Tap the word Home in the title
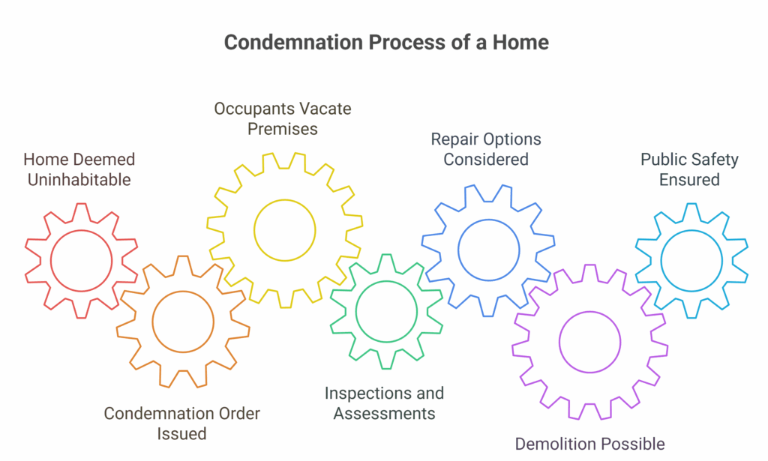click(520, 43)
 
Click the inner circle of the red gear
click(81, 230)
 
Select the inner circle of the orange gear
click(183, 291)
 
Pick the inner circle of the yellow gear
click(284, 199)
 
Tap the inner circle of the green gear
click(386, 281)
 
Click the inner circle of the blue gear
click(488, 220)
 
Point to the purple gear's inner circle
click(589, 312)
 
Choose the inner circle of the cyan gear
click(691, 230)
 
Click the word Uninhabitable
click(79, 180)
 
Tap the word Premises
click(283, 129)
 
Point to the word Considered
click(486, 160)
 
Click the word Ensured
click(689, 180)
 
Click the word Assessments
click(385, 414)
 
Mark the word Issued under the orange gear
click(181, 434)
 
